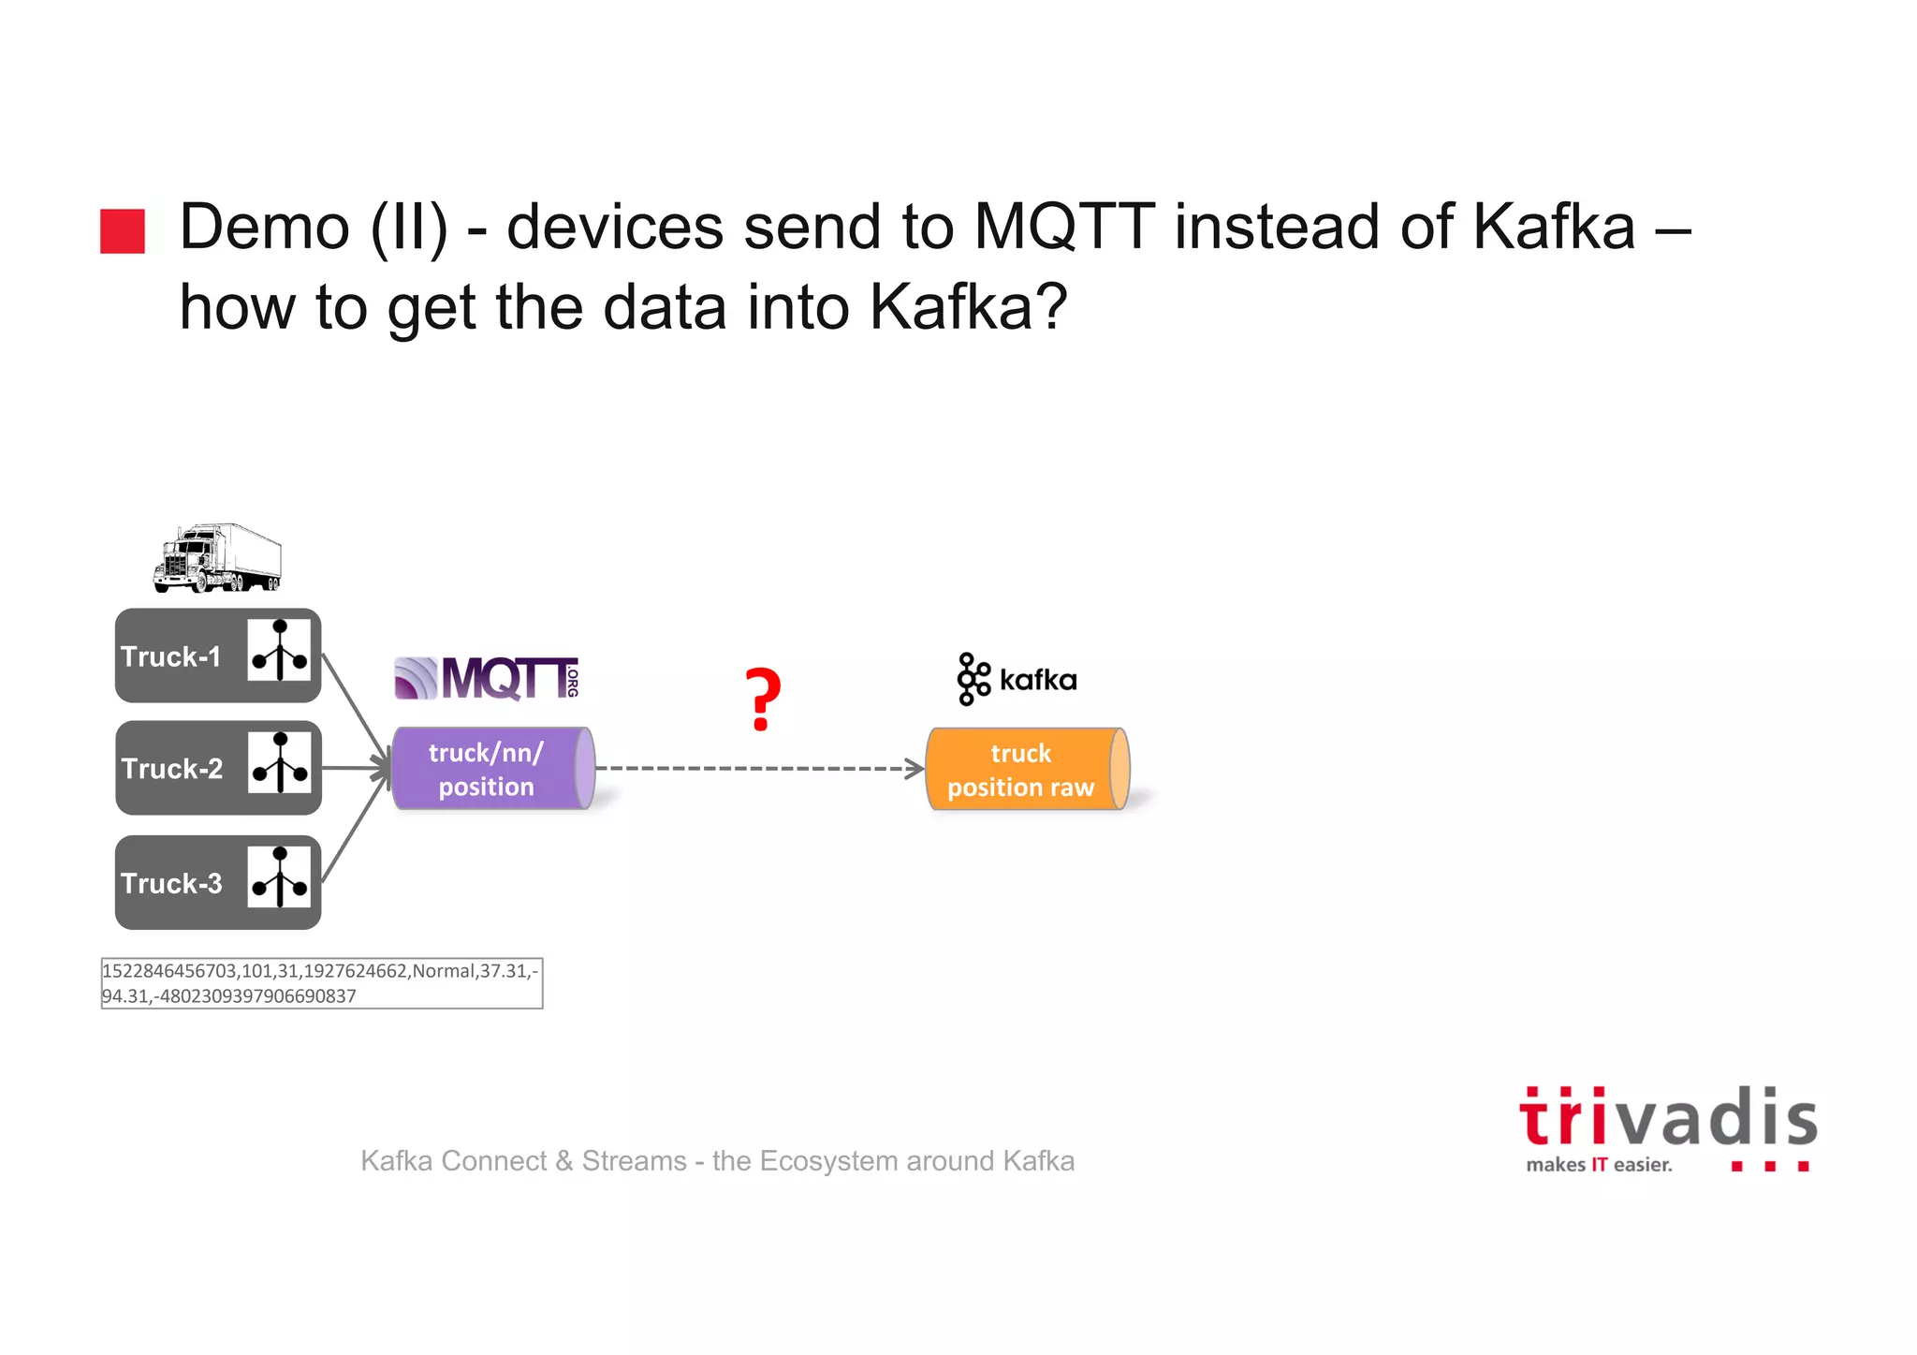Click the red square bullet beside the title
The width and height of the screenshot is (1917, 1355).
(123, 230)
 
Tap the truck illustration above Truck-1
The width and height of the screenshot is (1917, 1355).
(217, 558)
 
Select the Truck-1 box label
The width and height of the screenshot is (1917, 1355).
(171, 656)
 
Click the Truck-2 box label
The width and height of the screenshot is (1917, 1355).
(172, 769)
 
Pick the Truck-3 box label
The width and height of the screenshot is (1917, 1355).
(172, 883)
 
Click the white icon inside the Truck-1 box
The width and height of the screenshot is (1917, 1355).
(279, 650)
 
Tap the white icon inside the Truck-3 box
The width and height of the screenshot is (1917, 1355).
(279, 877)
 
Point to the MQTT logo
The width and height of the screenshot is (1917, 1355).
(487, 678)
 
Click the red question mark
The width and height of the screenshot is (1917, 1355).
(762, 700)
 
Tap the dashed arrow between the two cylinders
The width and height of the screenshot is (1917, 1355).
(758, 769)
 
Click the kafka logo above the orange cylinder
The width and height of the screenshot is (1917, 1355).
(1017, 679)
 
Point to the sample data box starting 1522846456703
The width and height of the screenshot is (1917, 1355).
(321, 983)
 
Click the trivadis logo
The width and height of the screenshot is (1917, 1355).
(1667, 1118)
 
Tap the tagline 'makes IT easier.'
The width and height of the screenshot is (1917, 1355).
(1599, 1165)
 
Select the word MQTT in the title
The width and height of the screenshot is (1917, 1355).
(1064, 228)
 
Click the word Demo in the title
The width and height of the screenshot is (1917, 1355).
(265, 228)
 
